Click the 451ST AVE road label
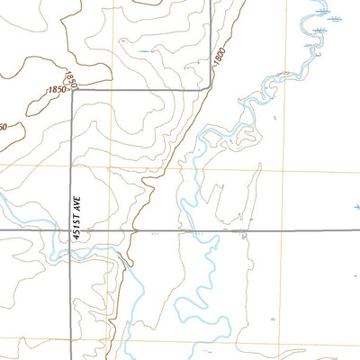(x=77, y=219)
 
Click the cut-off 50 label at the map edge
(x=4, y=127)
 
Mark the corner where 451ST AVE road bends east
(x=70, y=89)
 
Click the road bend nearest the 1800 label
(x=211, y=88)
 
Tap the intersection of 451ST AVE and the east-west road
(x=70, y=231)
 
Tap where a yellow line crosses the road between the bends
(x=112, y=89)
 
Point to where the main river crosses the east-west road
(x=192, y=231)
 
